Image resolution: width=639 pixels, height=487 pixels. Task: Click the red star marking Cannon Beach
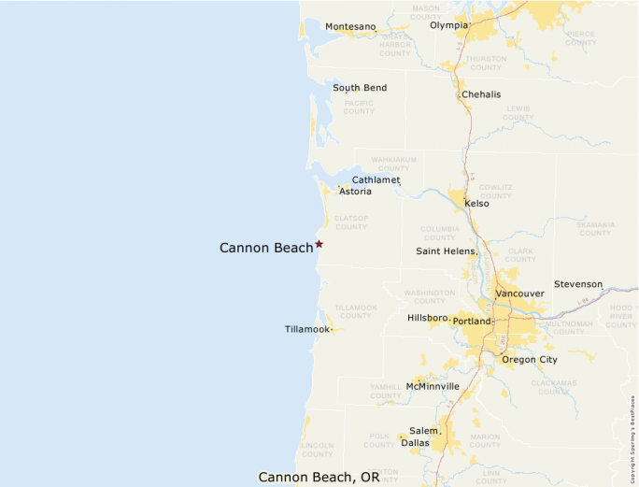(319, 244)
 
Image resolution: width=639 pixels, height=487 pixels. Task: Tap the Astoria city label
(355, 192)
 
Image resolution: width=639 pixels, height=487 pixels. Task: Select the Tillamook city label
(307, 330)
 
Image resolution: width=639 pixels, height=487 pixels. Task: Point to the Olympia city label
(448, 25)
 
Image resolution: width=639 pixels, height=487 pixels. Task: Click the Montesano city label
(349, 27)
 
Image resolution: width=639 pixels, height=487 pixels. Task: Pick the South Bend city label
(360, 88)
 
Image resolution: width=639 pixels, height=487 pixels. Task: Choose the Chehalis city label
(481, 94)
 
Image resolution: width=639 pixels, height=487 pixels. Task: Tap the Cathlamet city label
(376, 179)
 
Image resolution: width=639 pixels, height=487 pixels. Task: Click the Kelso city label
(476, 203)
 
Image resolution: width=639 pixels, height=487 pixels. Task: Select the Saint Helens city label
(446, 251)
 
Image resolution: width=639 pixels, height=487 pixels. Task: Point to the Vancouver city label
(519, 294)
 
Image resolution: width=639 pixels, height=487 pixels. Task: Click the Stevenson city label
(578, 284)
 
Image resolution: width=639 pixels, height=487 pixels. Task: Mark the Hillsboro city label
(428, 318)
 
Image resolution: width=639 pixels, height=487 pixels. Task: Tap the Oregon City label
(529, 360)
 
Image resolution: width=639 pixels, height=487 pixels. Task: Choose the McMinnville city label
(433, 386)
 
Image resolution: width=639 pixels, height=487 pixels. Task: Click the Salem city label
(422, 430)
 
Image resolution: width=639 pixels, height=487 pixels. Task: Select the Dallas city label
(415, 442)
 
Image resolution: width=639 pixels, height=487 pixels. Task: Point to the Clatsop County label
(351, 222)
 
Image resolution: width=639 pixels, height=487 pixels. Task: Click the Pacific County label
(359, 107)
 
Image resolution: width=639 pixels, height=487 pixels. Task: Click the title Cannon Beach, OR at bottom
(319, 477)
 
